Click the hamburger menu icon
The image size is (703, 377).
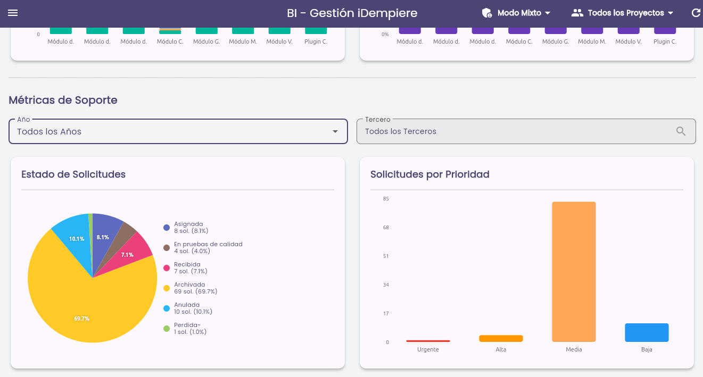(x=13, y=13)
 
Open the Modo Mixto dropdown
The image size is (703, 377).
(x=516, y=13)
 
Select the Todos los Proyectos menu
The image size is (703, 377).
(x=622, y=13)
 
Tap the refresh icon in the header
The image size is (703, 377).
(x=696, y=13)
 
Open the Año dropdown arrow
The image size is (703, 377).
(x=335, y=131)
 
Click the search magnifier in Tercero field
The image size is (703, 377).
(x=681, y=131)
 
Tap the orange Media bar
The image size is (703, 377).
(x=574, y=272)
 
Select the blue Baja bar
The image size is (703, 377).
(x=647, y=332)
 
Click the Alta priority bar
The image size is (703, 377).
(x=501, y=338)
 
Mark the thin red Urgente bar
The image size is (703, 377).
(x=428, y=341)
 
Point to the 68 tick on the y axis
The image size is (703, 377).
(x=386, y=228)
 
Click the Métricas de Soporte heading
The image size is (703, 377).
(x=63, y=100)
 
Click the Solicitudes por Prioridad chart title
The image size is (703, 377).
(x=429, y=174)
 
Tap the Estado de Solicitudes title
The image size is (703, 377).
(x=73, y=174)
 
